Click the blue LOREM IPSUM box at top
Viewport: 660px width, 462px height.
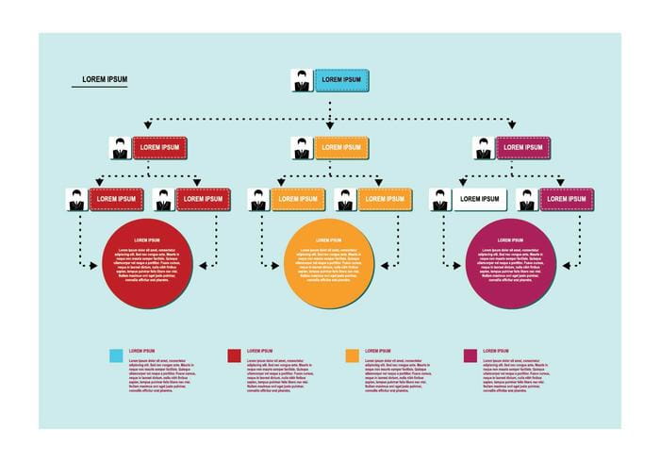[340, 80]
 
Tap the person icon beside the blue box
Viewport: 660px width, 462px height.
[302, 81]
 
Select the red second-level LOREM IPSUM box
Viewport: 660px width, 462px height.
[159, 148]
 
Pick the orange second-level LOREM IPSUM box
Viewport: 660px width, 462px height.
[340, 148]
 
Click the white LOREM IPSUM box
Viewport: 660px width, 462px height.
[480, 199]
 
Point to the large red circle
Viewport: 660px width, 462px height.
[148, 264]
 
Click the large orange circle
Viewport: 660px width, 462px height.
[330, 264]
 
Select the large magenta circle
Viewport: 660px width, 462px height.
[512, 264]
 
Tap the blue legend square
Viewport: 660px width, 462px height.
[116, 355]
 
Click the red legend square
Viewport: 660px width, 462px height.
[235, 355]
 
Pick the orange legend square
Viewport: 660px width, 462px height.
[353, 355]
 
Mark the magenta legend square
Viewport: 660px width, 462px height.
[470, 355]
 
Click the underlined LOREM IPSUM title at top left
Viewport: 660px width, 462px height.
[105, 79]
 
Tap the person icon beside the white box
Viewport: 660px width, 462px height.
[440, 200]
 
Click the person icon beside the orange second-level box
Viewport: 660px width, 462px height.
[302, 149]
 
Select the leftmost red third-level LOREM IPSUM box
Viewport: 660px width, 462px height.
[116, 199]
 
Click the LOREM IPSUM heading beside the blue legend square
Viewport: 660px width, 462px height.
[141, 351]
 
